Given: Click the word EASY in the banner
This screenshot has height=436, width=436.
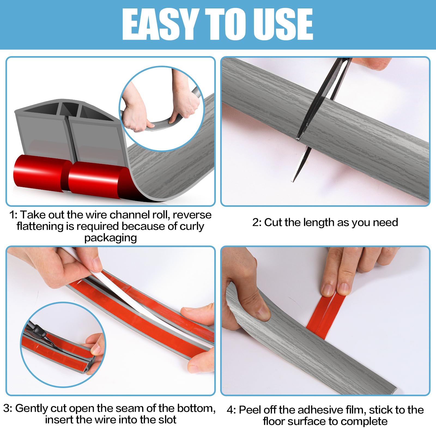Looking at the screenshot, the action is pos(160,24).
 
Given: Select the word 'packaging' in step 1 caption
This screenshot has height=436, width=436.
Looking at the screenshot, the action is pos(110,238).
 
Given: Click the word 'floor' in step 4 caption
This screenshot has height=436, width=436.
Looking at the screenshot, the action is pos(274,421).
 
